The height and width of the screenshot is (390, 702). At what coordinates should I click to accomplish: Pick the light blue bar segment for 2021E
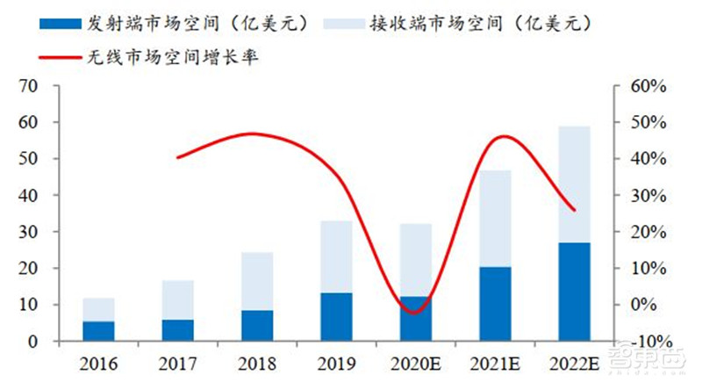tap(496, 219)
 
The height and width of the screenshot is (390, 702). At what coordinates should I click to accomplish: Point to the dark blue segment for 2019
tap(337, 317)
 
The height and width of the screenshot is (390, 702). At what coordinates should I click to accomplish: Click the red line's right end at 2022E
tap(574, 210)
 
